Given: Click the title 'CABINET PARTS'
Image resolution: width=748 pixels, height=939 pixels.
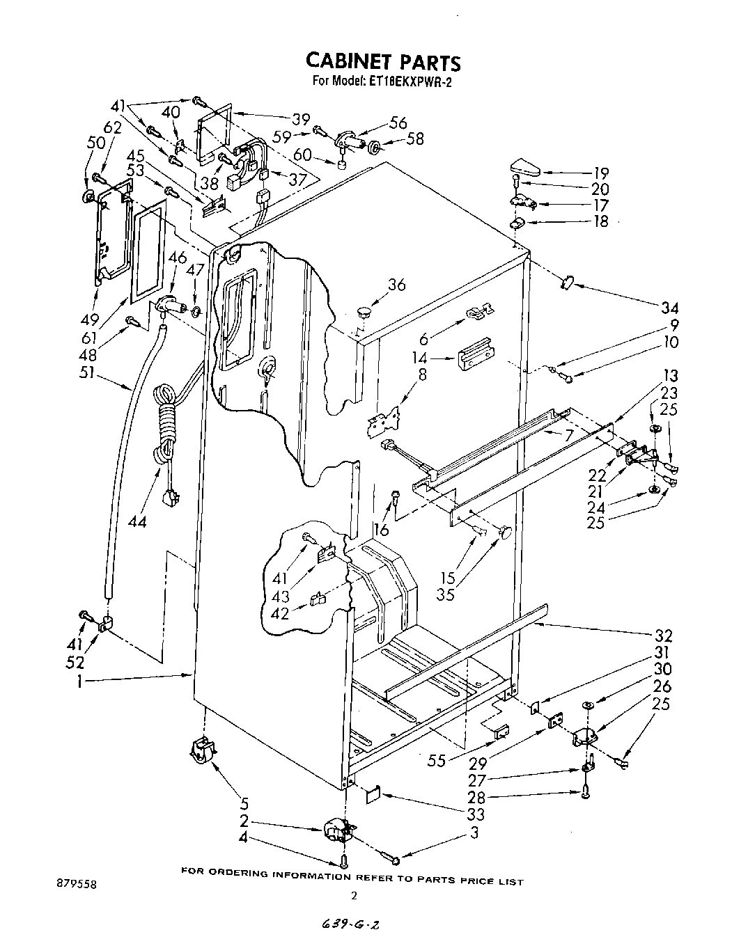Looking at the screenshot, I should [382, 62].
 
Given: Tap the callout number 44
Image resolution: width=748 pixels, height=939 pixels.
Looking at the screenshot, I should [137, 521].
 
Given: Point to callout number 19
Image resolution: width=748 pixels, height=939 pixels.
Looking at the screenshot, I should [600, 173].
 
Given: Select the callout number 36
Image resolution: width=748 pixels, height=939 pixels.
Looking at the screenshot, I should [396, 285].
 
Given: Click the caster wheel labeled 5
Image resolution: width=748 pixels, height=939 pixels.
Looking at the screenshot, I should [201, 752].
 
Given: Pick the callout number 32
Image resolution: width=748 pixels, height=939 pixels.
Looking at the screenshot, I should [663, 636].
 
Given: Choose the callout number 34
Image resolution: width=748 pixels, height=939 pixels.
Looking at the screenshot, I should [670, 308].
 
